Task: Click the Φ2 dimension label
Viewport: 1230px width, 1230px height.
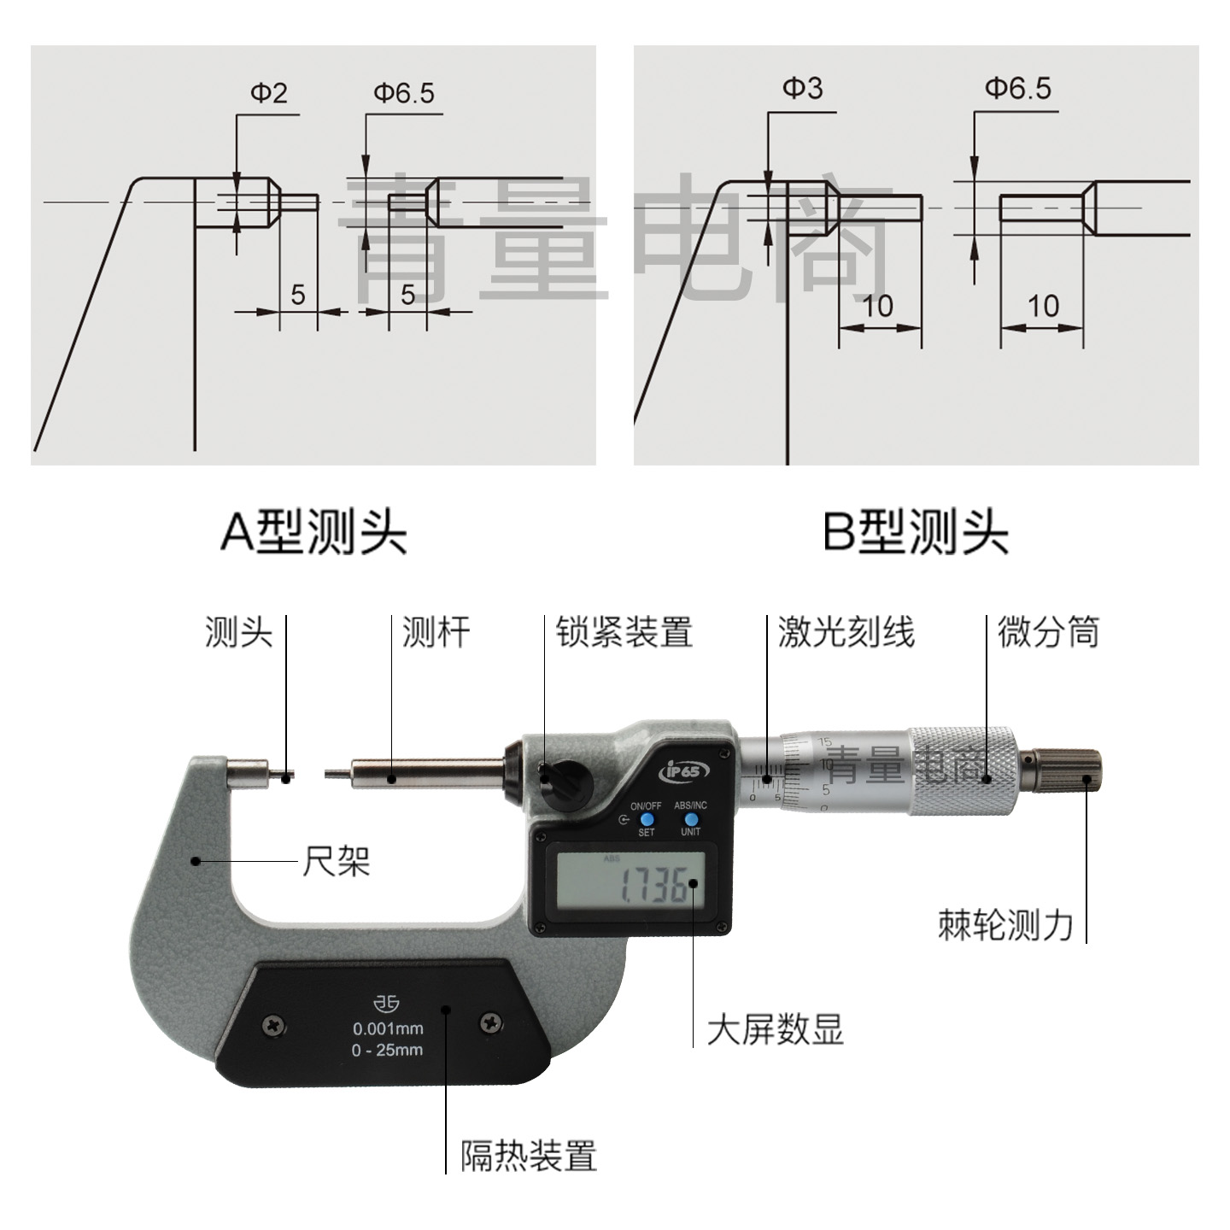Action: (x=268, y=92)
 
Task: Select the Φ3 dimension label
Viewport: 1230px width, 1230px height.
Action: (x=802, y=88)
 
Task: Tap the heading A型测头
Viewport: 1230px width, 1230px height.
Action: (x=313, y=532)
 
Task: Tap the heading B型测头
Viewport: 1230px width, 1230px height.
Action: (x=915, y=532)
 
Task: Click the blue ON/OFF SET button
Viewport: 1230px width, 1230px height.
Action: (x=645, y=819)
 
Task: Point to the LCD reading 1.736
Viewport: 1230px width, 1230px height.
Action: (x=653, y=886)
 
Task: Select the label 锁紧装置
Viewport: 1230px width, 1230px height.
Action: (x=624, y=633)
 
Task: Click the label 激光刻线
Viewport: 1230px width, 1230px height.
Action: (x=846, y=633)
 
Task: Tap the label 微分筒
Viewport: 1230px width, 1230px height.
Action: (x=1048, y=633)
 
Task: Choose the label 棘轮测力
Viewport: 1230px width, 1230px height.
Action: (x=1005, y=924)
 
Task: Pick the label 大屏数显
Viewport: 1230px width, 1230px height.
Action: (x=775, y=1029)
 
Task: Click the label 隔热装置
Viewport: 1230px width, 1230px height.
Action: (x=529, y=1156)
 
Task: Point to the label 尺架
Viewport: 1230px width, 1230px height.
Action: (x=336, y=862)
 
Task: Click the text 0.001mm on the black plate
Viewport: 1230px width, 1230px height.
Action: (x=388, y=1028)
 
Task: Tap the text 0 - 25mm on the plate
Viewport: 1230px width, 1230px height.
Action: (x=387, y=1050)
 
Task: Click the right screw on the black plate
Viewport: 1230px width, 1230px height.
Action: (x=491, y=1022)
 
